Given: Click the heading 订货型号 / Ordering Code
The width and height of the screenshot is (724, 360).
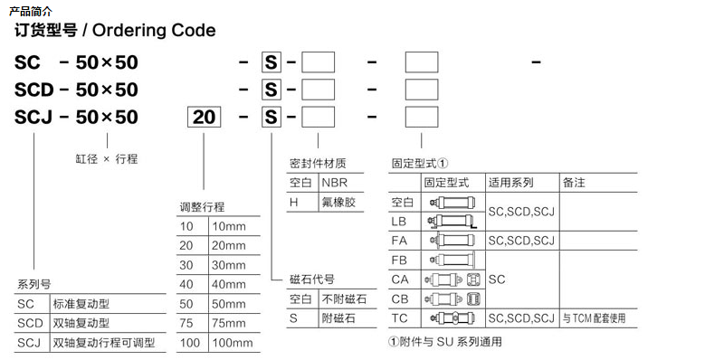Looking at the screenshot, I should (x=115, y=31).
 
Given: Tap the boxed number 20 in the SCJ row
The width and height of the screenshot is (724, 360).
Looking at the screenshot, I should (x=205, y=118).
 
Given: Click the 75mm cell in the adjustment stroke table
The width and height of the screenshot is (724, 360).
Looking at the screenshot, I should (x=228, y=323).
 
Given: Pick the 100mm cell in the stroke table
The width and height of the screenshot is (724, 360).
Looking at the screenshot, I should (x=232, y=343).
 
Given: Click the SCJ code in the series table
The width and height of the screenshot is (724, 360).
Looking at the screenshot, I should (x=30, y=343).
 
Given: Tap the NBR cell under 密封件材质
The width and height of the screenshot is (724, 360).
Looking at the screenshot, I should (x=333, y=183).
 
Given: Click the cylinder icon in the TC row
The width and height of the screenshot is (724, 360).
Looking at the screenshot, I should (x=452, y=318).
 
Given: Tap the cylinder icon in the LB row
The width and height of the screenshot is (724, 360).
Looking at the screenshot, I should (x=452, y=221).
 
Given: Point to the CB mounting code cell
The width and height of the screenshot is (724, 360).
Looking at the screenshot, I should (x=400, y=298).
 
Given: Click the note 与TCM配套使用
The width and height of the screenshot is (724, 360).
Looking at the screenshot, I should (x=593, y=318).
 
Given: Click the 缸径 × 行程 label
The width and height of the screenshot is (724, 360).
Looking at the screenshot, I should (x=106, y=158).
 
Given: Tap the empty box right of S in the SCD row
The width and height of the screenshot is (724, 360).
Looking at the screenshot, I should (x=318, y=90).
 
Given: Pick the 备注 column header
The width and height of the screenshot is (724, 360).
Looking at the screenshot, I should (x=574, y=183).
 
